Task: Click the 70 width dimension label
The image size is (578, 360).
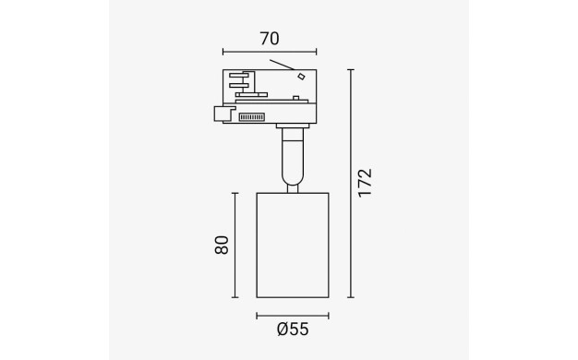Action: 270,39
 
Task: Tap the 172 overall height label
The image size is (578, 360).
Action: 366,183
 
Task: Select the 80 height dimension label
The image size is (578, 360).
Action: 222,245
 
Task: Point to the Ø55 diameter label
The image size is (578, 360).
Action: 293,329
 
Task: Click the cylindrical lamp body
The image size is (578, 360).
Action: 293,245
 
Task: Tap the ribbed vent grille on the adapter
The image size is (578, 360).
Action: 252,117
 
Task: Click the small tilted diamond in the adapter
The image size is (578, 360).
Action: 302,77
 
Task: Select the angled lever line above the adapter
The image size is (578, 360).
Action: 282,65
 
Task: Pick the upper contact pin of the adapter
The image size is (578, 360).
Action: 239,75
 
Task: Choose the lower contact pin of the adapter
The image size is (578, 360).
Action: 239,86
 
